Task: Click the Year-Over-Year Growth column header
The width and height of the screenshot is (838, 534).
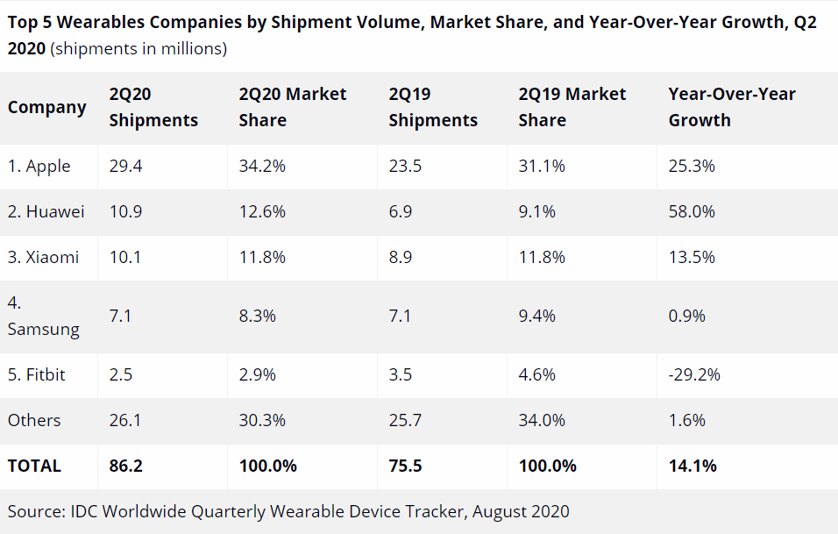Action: point(732,107)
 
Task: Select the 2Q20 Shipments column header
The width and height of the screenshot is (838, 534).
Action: point(153,107)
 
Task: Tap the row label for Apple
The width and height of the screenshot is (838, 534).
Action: point(39,166)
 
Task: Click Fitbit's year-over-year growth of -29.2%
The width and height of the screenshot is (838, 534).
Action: point(694,374)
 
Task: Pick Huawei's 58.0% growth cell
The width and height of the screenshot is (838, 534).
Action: point(692,211)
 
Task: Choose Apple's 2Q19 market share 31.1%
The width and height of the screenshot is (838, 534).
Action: point(542,166)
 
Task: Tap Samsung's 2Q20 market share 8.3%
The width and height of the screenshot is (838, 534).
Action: point(257,316)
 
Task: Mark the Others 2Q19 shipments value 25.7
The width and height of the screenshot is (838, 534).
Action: point(405,420)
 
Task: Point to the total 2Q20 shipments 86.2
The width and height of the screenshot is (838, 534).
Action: point(125,466)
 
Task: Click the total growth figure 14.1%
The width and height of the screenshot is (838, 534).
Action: point(692,466)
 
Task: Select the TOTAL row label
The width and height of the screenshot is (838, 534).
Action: point(34,466)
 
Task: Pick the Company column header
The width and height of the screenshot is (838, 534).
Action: point(47,107)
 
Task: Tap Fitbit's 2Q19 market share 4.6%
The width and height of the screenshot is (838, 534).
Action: point(536,374)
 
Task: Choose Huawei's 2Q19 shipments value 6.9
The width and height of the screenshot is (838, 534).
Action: point(401,211)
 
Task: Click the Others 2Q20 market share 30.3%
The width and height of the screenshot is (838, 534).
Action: point(262,420)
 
